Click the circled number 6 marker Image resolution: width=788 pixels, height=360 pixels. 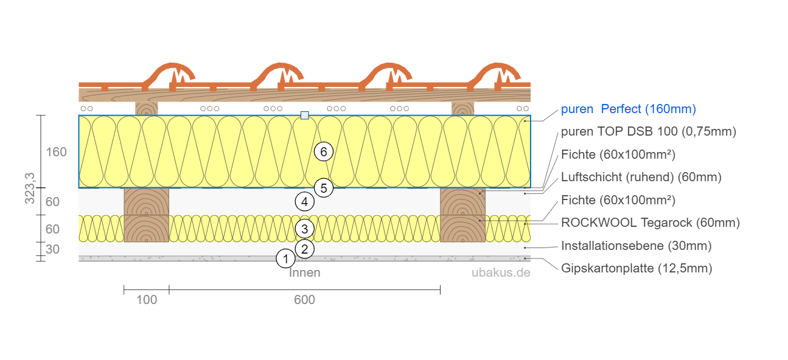click(x=324, y=151)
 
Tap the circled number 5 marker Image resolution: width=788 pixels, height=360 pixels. click(x=324, y=189)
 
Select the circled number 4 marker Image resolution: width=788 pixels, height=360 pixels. click(x=304, y=201)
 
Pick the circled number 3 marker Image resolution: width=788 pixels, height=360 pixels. click(x=304, y=229)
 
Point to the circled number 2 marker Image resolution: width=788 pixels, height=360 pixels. click(x=304, y=248)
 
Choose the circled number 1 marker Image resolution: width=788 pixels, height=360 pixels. click(x=285, y=259)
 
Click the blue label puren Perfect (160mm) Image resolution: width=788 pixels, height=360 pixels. click(x=628, y=109)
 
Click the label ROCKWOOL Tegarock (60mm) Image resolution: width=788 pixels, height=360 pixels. click(x=650, y=223)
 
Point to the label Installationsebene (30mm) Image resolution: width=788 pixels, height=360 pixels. click(x=636, y=246)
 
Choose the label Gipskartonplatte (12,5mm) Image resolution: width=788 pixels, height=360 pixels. click(x=636, y=268)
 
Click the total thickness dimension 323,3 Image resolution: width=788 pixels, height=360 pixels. click(x=30, y=188)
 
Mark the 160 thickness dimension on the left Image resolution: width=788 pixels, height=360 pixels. click(x=57, y=152)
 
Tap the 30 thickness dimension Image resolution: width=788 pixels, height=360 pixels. click(x=52, y=249)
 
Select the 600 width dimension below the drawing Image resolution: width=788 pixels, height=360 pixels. click(x=304, y=300)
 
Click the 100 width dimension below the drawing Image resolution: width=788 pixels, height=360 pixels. click(x=147, y=300)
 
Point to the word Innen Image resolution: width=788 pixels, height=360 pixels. click(x=304, y=272)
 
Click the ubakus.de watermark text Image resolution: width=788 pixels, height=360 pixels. click(x=501, y=272)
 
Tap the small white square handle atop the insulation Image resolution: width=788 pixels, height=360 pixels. click(x=305, y=115)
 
